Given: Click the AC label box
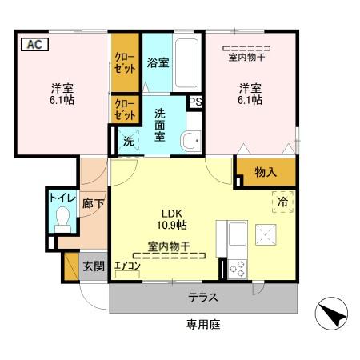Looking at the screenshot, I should coord(34,44).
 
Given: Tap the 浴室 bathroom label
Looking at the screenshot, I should coord(157,63).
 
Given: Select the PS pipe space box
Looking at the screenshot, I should coord(194,102).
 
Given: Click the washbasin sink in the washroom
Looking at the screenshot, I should coord(191,141).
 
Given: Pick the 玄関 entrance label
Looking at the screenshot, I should coord(93,266).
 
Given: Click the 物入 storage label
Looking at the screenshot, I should coord(266,172).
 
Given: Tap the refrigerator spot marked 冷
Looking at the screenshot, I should coord(282,202).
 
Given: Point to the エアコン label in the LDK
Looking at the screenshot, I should coord(127,266).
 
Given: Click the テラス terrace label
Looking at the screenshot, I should coord(204,298).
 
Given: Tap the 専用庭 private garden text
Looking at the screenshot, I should coord(204,324).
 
